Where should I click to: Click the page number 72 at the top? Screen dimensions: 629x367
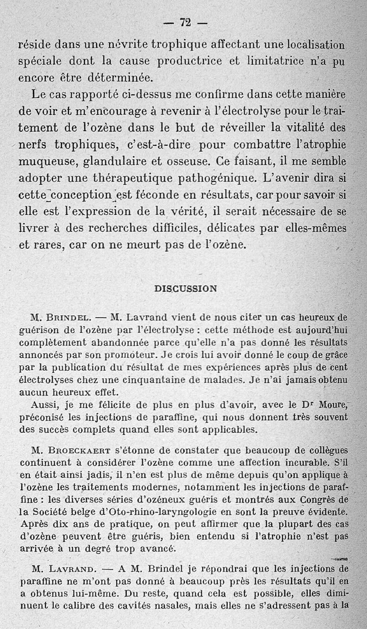[x=185, y=22]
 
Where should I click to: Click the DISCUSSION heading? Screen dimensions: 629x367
[x=185, y=288]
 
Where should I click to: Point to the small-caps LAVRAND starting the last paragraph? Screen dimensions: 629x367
[x=73, y=569]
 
